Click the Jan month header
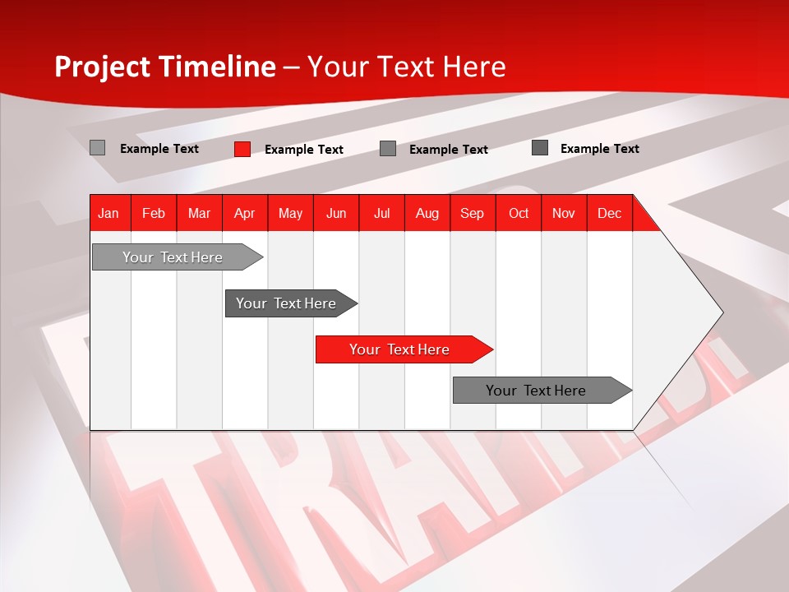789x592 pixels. [x=108, y=214]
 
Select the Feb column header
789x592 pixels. [x=154, y=214]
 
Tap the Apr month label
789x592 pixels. [x=244, y=214]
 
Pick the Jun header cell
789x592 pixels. [x=336, y=214]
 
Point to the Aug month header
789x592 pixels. [x=427, y=214]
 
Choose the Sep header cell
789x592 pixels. [x=472, y=214]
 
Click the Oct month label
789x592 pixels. [x=519, y=214]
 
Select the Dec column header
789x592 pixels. [x=609, y=214]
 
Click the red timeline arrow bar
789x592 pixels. [x=403, y=349]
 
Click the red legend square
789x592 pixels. [x=242, y=149]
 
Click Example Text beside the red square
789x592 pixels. [x=303, y=150]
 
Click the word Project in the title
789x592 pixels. [x=103, y=67]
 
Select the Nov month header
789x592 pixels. [x=563, y=214]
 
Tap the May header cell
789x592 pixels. [x=290, y=214]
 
